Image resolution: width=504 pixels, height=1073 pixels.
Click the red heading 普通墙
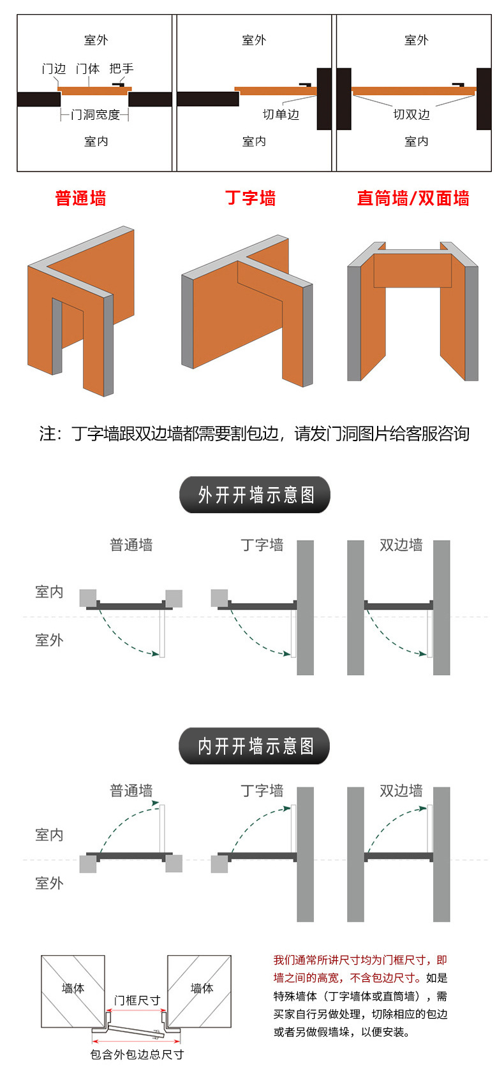coord(80,198)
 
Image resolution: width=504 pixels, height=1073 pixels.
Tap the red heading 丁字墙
coord(250,198)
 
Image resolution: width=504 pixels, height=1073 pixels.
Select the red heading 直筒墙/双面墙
coord(413,198)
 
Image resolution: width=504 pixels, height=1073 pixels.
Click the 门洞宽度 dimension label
coord(95,115)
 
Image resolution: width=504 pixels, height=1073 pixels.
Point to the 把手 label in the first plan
coord(121,68)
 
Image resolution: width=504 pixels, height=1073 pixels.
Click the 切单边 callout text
coord(281,114)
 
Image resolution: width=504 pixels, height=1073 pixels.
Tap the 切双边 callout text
coord(411,114)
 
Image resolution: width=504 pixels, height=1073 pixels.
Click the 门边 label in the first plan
coord(54,68)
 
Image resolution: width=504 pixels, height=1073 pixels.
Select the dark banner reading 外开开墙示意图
coord(255,495)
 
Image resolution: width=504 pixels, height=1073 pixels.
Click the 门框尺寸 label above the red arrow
coord(137,1001)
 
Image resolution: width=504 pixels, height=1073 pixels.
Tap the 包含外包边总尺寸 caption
coord(137,1055)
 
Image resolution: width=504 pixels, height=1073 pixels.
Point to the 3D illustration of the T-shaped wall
coord(247,310)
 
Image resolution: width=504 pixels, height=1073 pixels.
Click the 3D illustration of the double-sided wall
coord(413,311)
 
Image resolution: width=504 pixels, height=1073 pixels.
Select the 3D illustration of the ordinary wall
coord(80,311)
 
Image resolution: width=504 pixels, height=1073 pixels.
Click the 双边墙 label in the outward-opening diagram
coord(401,544)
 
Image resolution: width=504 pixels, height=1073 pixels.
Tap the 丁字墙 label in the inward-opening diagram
coord(262,790)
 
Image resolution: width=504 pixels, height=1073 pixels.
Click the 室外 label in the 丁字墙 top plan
coord(254,40)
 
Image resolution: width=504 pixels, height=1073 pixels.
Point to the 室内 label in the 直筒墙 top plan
coord(416,142)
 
